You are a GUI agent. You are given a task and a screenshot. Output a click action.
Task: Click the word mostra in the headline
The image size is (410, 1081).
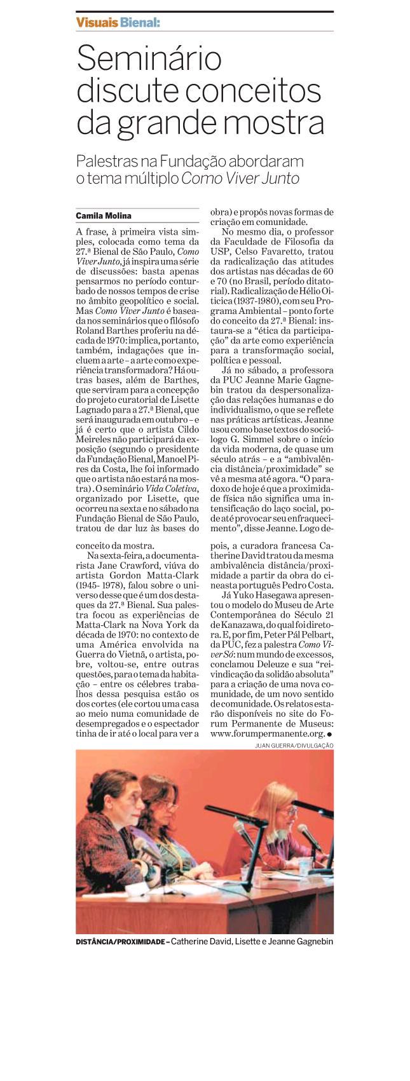pos(275,122)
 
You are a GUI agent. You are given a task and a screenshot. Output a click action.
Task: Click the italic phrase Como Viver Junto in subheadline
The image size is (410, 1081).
pos(240,179)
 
